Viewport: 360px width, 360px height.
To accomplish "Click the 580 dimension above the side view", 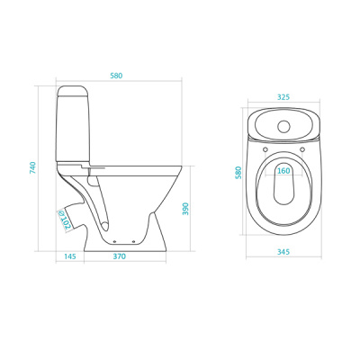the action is pos(116,76).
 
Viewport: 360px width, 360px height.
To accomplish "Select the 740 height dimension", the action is pos(32,168).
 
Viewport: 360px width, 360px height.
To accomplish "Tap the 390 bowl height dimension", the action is pos(185,209).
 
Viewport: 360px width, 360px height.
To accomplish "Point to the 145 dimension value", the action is pos(70,256).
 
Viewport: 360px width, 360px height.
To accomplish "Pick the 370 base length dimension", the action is pos(120,256).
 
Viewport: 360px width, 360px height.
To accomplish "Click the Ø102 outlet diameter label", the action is pos(63,220).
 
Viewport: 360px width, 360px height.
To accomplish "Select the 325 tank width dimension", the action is pos(283,97).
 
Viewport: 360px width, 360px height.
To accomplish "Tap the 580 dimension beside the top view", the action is pos(238,173).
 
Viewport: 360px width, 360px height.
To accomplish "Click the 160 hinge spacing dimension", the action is pos(283,171).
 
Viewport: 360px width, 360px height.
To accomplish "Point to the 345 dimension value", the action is pos(283,252).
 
